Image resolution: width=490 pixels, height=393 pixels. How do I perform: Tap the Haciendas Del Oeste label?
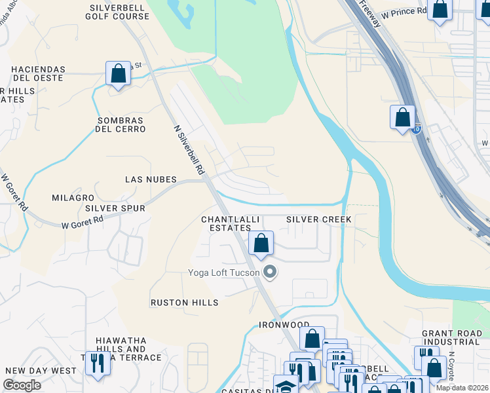37,73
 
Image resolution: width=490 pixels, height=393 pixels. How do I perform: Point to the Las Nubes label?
151,179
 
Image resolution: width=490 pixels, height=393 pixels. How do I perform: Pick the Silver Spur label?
115,208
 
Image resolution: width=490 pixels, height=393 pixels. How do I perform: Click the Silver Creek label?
319,219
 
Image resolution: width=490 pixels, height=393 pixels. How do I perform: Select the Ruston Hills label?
184,303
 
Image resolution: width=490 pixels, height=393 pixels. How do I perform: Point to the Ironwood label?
284,325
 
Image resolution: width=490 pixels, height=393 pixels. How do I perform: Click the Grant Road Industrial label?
451,337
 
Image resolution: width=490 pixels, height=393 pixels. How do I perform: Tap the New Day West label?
41,371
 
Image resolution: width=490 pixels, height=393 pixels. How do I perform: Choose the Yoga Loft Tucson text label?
223,272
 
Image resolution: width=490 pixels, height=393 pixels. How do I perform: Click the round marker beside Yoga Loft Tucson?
269,272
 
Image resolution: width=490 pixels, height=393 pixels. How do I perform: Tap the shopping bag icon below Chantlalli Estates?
261,243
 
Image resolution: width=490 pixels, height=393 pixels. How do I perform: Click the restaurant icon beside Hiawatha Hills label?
98,362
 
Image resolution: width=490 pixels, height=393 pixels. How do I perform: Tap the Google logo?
22,385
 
